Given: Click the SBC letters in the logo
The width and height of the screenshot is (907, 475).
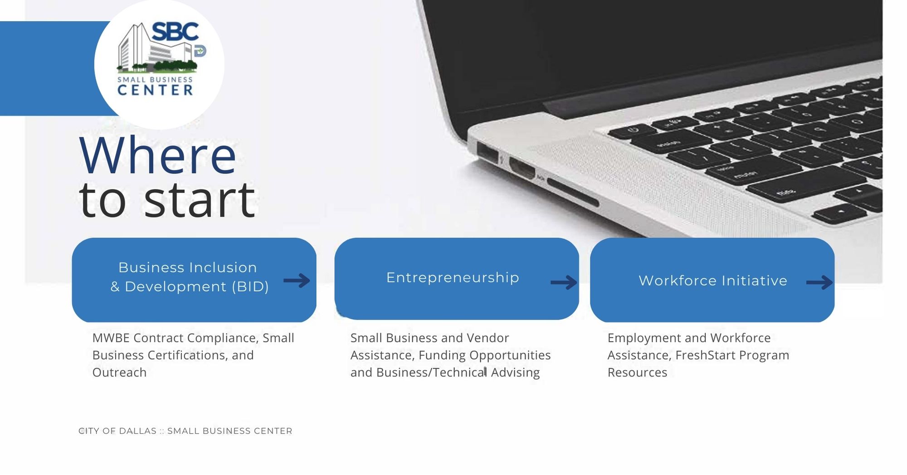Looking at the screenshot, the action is tap(175, 32).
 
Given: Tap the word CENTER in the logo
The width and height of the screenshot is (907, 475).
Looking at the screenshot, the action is tap(156, 90).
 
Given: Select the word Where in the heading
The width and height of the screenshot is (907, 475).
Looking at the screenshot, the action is tap(158, 156).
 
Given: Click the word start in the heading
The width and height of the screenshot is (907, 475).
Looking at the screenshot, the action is tap(200, 200).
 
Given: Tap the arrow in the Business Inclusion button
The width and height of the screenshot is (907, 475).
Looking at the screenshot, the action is tap(297, 281).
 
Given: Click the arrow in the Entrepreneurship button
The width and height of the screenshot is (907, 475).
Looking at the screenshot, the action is tap(564, 282).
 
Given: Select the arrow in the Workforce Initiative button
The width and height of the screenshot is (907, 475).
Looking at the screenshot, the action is tap(819, 282).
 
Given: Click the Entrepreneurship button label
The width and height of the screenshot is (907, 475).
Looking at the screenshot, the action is tap(453, 277).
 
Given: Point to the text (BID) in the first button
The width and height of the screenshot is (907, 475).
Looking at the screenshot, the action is tap(250, 287).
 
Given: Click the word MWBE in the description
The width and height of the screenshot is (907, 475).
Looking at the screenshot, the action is tap(111, 338).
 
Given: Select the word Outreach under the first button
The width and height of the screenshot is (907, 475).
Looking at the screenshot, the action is tap(120, 373).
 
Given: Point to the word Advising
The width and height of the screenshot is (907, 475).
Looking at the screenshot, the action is tap(516, 373).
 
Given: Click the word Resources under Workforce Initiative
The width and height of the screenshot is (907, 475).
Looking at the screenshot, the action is tap(638, 373).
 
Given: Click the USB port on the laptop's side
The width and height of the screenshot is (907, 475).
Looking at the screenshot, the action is tap(488, 152).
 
